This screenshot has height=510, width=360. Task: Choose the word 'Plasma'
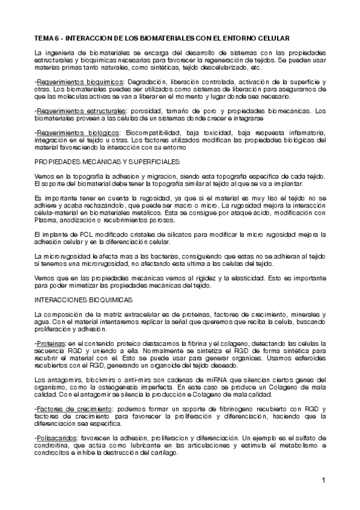click(x=46, y=220)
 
